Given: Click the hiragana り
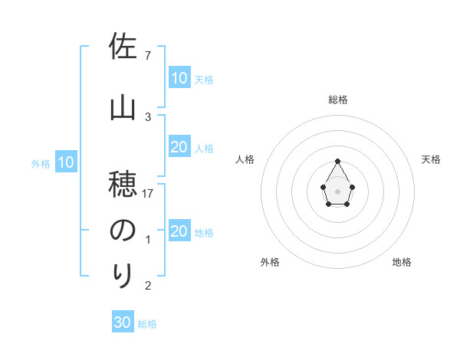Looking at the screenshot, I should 123,273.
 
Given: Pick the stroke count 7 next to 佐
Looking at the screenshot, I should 148,56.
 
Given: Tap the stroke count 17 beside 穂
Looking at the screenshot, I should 148,193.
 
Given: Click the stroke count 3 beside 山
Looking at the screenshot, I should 148,116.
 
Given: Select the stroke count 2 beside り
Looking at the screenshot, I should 148,286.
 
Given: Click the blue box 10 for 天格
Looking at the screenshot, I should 179,78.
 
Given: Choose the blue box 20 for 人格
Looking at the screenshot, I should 179,147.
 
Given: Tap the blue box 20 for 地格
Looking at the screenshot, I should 179,231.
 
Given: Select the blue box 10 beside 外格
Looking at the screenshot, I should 66,162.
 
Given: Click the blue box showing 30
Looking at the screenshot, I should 122,322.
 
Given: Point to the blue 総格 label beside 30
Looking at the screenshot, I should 148,324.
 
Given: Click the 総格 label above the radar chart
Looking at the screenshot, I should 338,100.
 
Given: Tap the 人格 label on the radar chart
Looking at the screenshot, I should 245,159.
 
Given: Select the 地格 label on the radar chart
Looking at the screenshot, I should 402,262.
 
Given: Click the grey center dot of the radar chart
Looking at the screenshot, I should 338,191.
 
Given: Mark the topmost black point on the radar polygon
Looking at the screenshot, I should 338,161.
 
